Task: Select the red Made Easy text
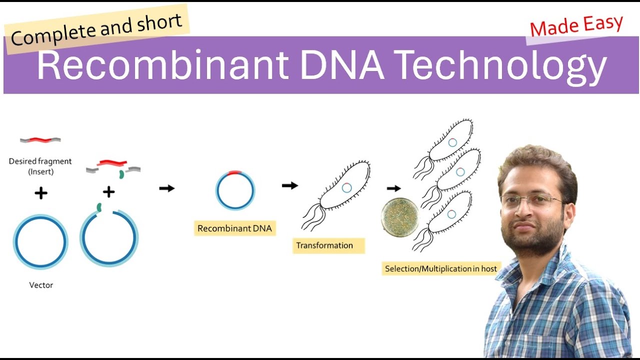[x=576, y=26]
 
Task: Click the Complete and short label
[x=97, y=29]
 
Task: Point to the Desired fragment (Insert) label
[x=40, y=166]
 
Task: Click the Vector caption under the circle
[x=41, y=285]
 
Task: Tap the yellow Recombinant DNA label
[x=234, y=228]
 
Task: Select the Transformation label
[x=324, y=245]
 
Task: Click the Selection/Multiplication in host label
[x=440, y=269]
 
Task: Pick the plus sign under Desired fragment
[x=41, y=193]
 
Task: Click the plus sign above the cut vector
[x=108, y=191]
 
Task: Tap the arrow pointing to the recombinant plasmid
[x=167, y=188]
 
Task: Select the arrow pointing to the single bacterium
[x=289, y=185]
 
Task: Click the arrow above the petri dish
[x=394, y=188]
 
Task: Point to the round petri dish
[x=400, y=217]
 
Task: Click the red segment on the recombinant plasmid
[x=235, y=173]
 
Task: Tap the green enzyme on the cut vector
[x=99, y=206]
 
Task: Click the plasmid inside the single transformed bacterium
[x=346, y=187]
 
